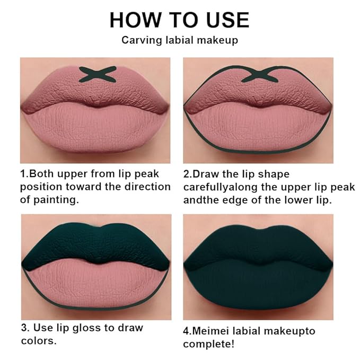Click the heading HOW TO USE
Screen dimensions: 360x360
point(179,20)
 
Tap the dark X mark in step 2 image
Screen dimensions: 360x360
point(260,74)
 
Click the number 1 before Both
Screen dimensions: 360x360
point(23,174)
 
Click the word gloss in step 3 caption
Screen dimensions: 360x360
point(86,328)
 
